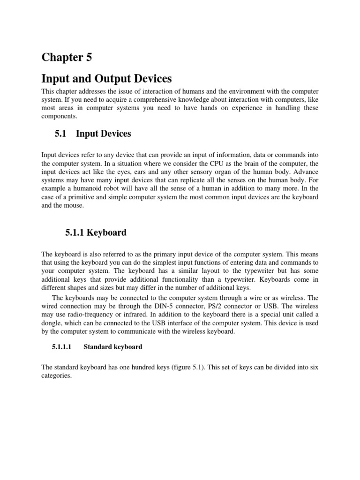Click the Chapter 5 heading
coord(67,58)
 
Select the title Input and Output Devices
coord(106,78)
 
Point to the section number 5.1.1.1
coord(62,347)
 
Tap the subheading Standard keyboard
coord(113,347)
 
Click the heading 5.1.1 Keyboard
coord(95,232)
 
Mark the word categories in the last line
coord(56,376)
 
